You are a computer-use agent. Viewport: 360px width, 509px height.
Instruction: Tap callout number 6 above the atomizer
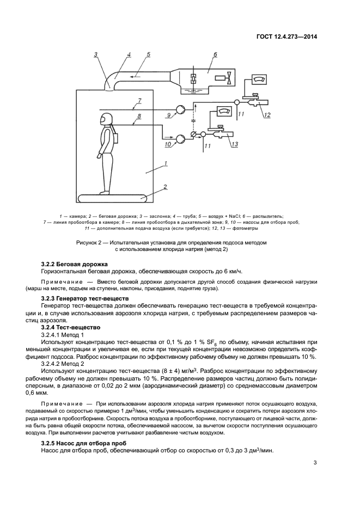(215, 55)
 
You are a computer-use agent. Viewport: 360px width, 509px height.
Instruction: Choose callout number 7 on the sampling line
(139, 101)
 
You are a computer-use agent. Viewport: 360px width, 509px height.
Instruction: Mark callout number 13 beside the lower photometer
(234, 144)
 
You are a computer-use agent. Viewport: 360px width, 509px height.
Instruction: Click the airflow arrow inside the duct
(139, 75)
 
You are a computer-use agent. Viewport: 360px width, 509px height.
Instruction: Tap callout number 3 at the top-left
(95, 54)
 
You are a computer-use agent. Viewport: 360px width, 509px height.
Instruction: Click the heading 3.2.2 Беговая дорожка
(75, 264)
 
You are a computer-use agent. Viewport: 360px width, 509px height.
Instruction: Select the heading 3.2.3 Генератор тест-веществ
(85, 299)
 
